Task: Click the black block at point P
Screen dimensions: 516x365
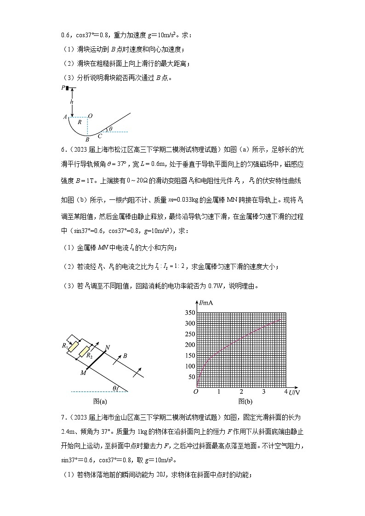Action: pyautogui.click(x=68, y=88)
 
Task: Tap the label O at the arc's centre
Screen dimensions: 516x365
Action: pyautogui.click(x=91, y=116)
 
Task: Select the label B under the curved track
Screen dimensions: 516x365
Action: pyautogui.click(x=87, y=139)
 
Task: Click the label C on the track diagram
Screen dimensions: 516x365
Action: pyautogui.click(x=100, y=136)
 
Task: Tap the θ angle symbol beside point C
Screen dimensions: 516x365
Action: pyautogui.click(x=110, y=129)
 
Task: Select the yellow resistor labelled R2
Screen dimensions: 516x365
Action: pyautogui.click(x=85, y=352)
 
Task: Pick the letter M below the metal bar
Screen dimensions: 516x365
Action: pyautogui.click(x=83, y=373)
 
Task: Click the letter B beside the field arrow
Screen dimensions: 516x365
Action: pyautogui.click(x=125, y=356)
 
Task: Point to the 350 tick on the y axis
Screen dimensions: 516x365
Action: pyautogui.click(x=189, y=312)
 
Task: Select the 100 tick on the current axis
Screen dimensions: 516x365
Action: pyautogui.click(x=189, y=366)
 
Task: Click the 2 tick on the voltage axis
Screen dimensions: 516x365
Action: pyautogui.click(x=241, y=392)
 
